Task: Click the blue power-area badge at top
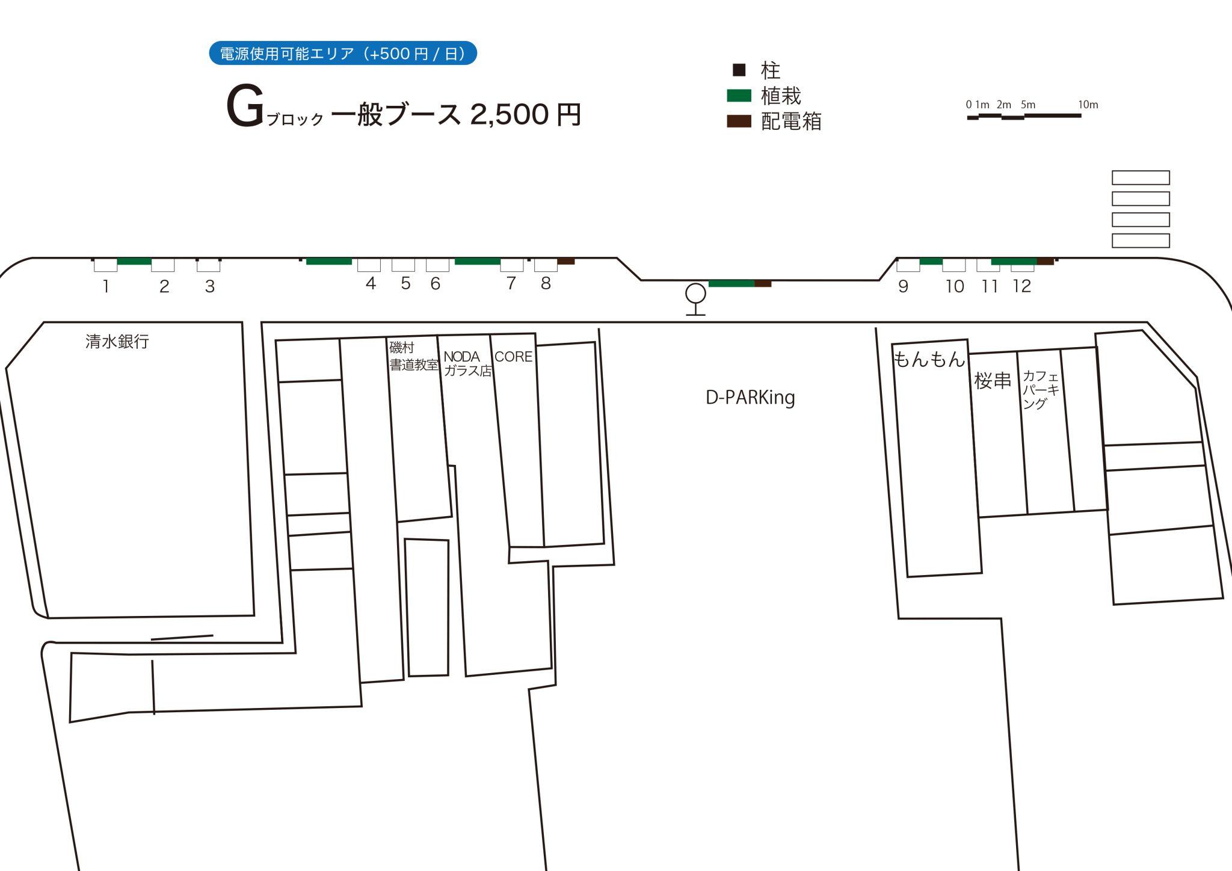342,54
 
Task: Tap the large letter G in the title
245,106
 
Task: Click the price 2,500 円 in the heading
525,114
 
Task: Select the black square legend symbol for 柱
739,70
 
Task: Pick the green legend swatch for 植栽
739,96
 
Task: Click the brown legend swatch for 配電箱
739,121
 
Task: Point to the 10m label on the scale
1088,105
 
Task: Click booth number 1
106,286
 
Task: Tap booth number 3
209,286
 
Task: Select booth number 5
405,283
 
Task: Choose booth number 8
546,283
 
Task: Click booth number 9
903,286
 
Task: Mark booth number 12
1021,286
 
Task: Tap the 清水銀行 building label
117,342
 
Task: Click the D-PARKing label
750,398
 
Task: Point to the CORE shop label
513,357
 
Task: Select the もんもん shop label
929,359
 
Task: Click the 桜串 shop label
993,380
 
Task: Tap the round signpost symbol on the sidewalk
695,294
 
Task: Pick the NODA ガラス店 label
467,364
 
